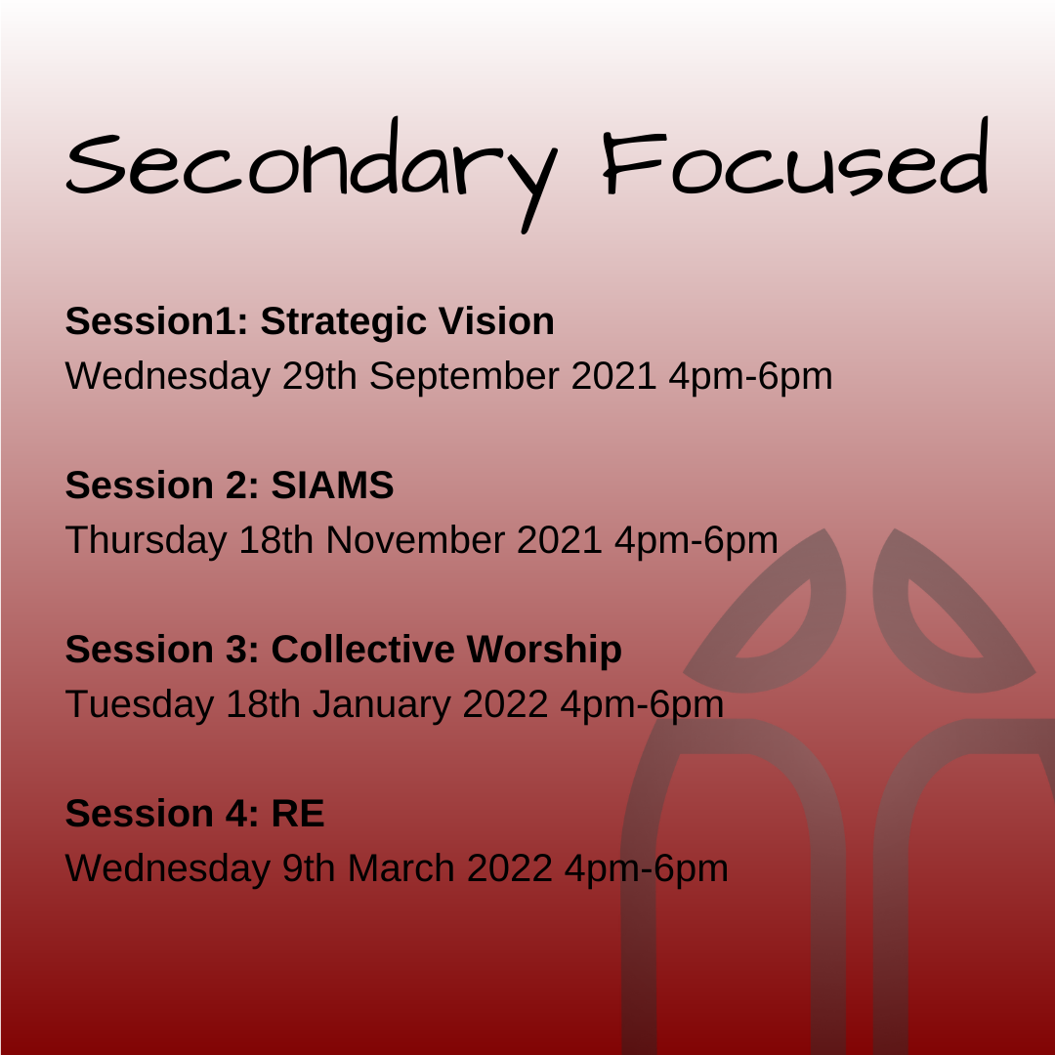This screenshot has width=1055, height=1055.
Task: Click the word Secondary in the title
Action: (x=312, y=174)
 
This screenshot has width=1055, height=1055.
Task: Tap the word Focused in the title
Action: (x=796, y=157)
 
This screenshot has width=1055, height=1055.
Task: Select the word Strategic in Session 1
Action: (x=344, y=322)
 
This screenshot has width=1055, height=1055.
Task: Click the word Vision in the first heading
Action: (x=496, y=321)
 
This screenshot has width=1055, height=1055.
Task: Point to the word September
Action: (x=464, y=377)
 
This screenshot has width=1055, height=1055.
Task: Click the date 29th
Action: (x=319, y=375)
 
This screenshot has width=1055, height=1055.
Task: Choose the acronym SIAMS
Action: (x=332, y=485)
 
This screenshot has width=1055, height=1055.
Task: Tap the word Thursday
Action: (x=146, y=541)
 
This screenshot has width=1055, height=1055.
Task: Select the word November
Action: (x=415, y=539)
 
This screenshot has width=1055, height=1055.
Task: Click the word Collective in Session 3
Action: (x=362, y=650)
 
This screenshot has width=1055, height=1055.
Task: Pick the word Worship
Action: (x=544, y=651)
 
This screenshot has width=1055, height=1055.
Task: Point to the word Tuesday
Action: (x=140, y=705)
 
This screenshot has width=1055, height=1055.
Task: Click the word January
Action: (x=382, y=705)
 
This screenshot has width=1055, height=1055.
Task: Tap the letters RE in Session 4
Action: (x=297, y=814)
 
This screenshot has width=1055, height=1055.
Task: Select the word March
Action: (x=401, y=868)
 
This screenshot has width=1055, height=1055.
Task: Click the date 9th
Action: (x=309, y=868)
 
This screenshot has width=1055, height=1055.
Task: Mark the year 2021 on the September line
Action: (x=613, y=375)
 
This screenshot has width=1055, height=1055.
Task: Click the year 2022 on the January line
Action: (x=505, y=703)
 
